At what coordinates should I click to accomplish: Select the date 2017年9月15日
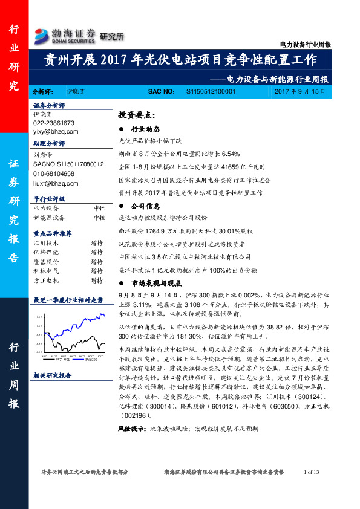point(300,92)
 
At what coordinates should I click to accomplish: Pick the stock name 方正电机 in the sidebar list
point(46,280)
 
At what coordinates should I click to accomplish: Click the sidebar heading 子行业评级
point(48,199)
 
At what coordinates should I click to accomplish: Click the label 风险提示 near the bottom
point(131,428)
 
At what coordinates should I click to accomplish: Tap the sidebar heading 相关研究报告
point(53,375)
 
